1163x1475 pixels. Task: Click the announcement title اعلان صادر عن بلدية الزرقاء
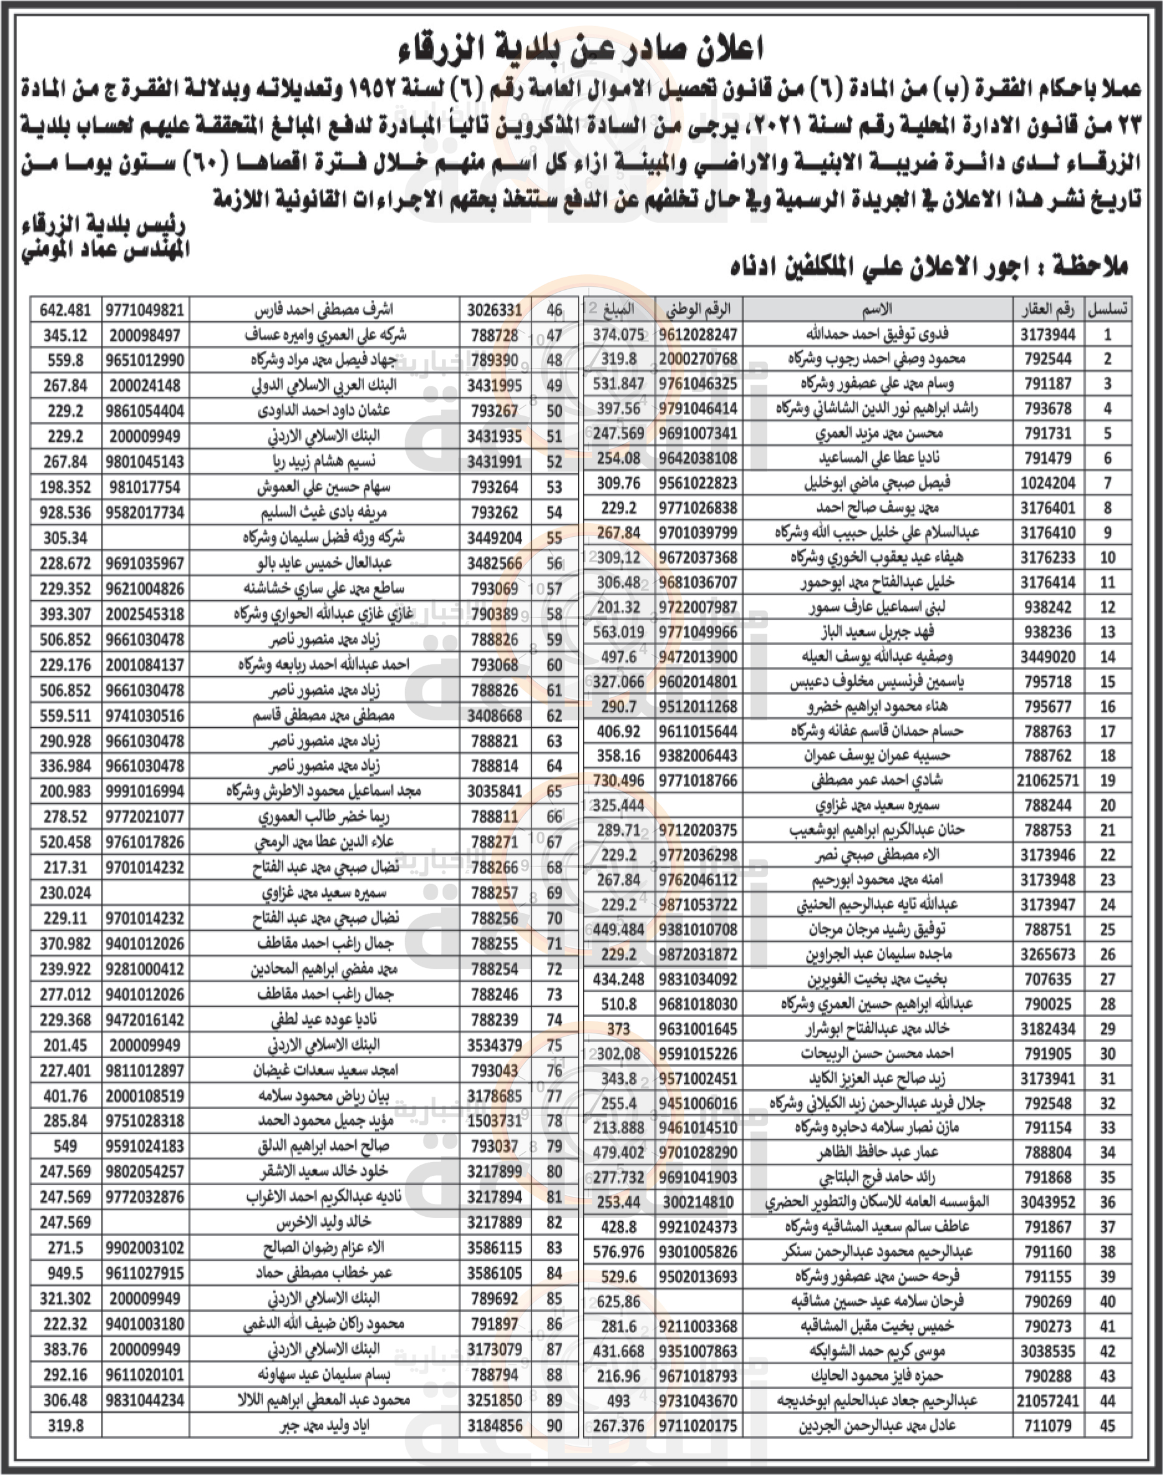coord(580,49)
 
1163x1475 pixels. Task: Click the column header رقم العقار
coord(1047,310)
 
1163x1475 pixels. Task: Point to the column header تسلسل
coord(1108,310)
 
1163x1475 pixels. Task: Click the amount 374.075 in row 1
coord(619,334)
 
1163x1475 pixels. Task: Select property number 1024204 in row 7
coord(1047,483)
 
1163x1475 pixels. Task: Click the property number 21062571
coord(1047,781)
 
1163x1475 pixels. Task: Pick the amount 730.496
coord(619,781)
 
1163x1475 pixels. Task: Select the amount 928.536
coord(65,513)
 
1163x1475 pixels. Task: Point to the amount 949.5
coord(65,1273)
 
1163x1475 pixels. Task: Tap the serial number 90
coord(554,1425)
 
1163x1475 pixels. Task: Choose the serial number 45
coord(1108,1425)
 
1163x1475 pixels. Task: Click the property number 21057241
coord(1047,1401)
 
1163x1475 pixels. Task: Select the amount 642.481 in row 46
coord(65,310)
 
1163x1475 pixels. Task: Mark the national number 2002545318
coord(144,614)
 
